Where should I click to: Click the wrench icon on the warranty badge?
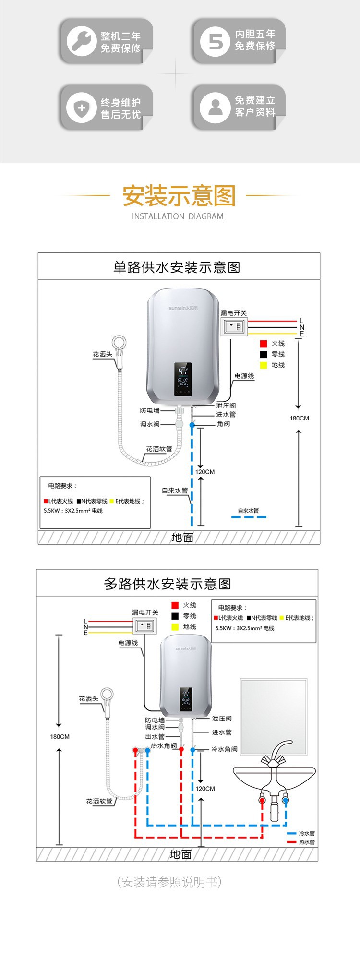point(81,40)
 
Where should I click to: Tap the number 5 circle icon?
point(215,41)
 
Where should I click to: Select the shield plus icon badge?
point(81,108)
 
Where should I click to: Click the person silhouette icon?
point(215,108)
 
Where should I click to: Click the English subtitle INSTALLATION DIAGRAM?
point(178,216)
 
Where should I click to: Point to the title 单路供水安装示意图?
point(177,267)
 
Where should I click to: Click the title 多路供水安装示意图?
point(168,584)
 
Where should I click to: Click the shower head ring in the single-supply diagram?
point(119,344)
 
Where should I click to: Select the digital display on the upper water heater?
point(183,379)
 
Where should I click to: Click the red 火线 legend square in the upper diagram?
point(263,344)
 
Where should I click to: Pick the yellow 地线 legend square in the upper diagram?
point(263,365)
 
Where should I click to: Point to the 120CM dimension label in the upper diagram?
point(205,472)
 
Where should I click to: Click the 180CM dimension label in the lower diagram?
point(60,737)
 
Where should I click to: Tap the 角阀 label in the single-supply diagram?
point(223,424)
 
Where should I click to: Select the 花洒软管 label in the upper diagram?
point(159,449)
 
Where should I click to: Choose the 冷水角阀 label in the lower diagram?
point(224,749)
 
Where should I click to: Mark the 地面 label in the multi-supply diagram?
point(180,855)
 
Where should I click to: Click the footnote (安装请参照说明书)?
point(169,882)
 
